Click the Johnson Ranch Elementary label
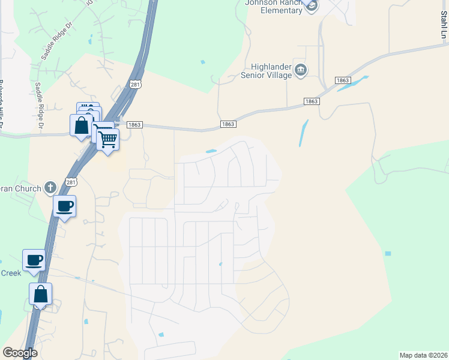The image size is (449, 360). (x=273, y=5)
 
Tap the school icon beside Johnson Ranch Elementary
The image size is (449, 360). (x=311, y=5)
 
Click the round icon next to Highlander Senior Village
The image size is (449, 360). (x=301, y=71)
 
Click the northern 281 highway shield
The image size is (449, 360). (x=137, y=85)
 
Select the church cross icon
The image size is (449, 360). (x=51, y=188)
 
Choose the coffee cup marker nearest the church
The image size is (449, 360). (x=65, y=207)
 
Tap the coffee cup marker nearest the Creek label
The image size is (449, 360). (x=34, y=261)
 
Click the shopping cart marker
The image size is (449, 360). (x=108, y=140)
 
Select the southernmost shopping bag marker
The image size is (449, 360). (x=40, y=295)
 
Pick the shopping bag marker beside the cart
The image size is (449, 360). (x=82, y=127)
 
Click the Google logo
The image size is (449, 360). (x=20, y=353)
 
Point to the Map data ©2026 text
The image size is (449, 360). (x=423, y=355)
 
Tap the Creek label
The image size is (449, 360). (x=10, y=273)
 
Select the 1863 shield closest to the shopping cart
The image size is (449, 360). (x=134, y=125)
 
